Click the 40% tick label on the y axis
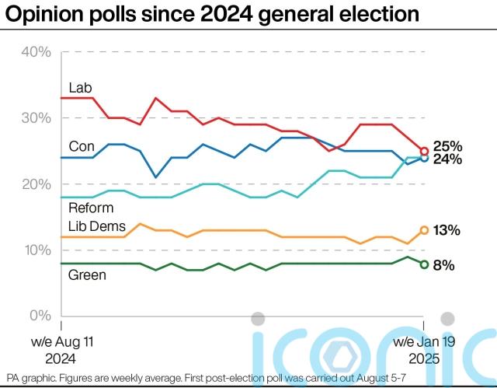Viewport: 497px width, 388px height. pyautogui.click(x=36, y=52)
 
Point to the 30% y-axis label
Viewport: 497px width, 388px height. pyautogui.click(x=36, y=118)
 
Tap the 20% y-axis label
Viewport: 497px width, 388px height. pyautogui.click(x=36, y=184)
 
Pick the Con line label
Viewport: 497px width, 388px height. pyautogui.click(x=82, y=145)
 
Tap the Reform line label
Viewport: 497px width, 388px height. pyautogui.click(x=90, y=208)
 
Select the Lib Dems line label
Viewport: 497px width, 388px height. pyautogui.click(x=97, y=225)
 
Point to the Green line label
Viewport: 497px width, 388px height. pyautogui.click(x=87, y=274)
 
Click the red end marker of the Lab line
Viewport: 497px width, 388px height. pyautogui.click(x=424, y=152)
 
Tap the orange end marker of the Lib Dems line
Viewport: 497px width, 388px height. pyautogui.click(x=424, y=230)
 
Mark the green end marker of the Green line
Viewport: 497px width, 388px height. pyautogui.click(x=424, y=264)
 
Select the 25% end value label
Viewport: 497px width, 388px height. pyautogui.click(x=447, y=146)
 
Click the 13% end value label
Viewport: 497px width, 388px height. pyautogui.click(x=447, y=230)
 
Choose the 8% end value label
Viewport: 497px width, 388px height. pyautogui.click(x=443, y=265)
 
